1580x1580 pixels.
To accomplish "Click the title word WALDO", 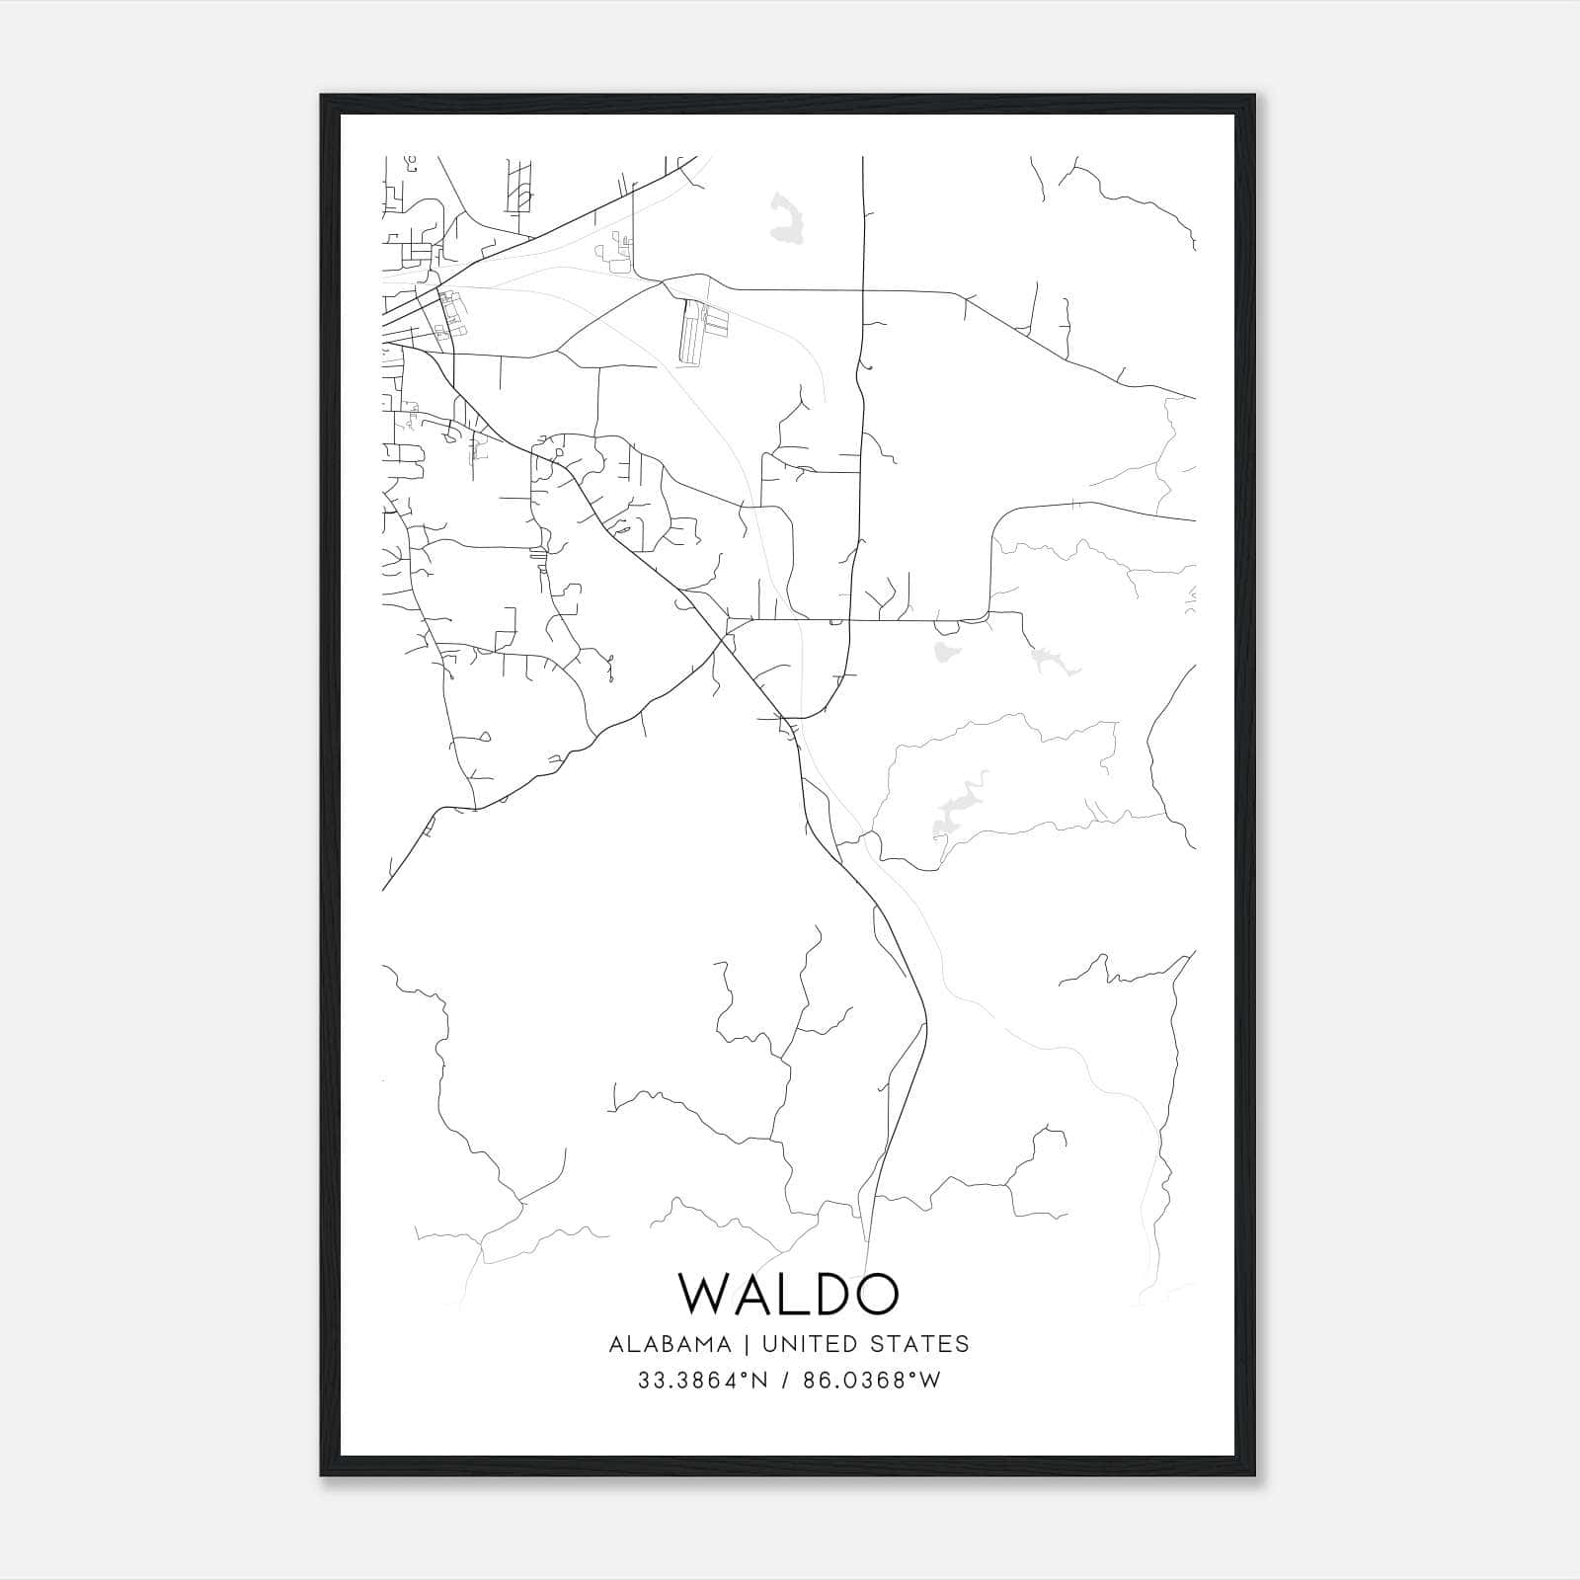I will pos(789,1294).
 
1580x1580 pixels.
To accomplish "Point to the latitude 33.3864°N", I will pos(702,1381).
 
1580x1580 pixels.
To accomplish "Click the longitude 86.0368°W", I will pos(872,1381).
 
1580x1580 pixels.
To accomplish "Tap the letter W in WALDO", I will pos(708,1294).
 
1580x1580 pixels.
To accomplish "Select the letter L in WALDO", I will pos(787,1294).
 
